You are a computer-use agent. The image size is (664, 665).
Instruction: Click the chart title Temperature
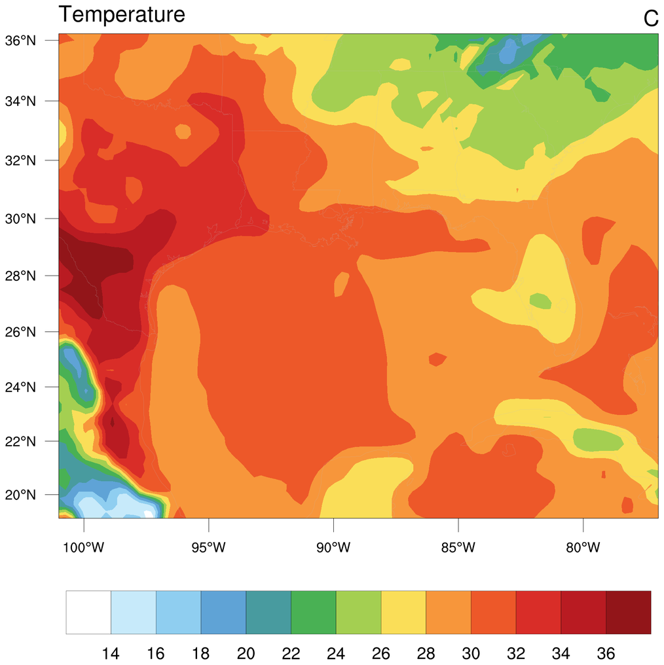pos(122,14)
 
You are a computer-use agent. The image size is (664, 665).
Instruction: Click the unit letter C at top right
pos(650,19)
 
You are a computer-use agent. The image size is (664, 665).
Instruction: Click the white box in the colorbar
pos(88,612)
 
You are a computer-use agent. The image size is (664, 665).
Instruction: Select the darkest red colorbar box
pos(629,612)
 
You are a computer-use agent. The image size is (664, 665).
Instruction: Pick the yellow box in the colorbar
pos(403,612)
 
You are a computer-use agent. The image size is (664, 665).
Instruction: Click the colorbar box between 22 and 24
pos(313,612)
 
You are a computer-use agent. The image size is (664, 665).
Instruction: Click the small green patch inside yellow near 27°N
pos(540,301)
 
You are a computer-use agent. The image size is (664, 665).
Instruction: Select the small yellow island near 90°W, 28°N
pos(341,283)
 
